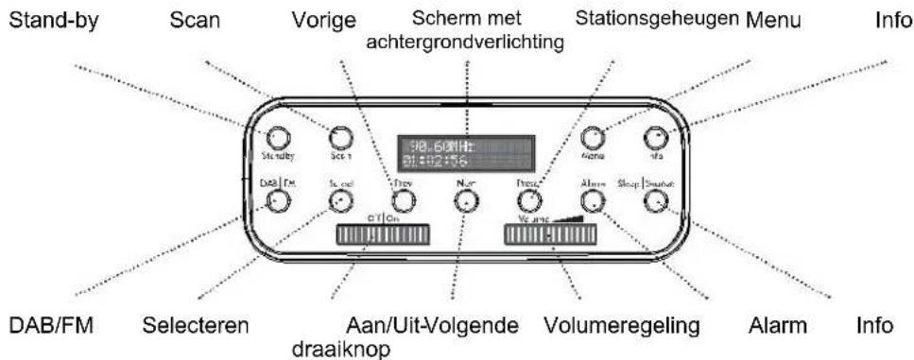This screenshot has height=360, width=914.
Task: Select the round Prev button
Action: (x=404, y=200)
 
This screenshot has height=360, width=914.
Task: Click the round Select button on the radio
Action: (x=339, y=200)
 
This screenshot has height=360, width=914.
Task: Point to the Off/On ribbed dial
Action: (x=377, y=234)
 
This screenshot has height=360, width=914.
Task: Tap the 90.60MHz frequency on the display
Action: (x=438, y=146)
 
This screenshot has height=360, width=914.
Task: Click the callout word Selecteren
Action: (x=197, y=327)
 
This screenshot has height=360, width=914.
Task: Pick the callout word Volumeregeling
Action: (x=622, y=327)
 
